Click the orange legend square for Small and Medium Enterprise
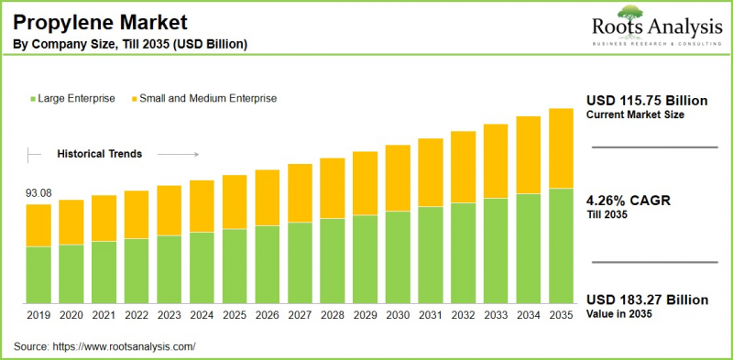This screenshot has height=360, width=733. pyautogui.click(x=133, y=98)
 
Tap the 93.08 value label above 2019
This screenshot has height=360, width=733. pyautogui.click(x=38, y=192)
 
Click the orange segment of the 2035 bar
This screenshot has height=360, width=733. pyautogui.click(x=561, y=148)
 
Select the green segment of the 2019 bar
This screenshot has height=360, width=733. pyautogui.click(x=38, y=275)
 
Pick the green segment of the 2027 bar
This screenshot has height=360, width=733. pyautogui.click(x=300, y=263)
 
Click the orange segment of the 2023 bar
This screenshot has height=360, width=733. pyautogui.click(x=169, y=211)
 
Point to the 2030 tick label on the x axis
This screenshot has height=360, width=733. pyautogui.click(x=398, y=315)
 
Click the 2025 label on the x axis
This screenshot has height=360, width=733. pyautogui.click(x=235, y=315)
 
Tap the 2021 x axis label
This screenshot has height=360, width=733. pyautogui.click(x=104, y=315)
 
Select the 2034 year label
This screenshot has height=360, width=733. pyautogui.click(x=529, y=315)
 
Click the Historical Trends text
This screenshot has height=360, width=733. pyautogui.click(x=99, y=154)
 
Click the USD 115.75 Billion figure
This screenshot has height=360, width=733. pyautogui.click(x=647, y=100)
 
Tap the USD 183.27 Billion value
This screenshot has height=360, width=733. pyautogui.click(x=647, y=300)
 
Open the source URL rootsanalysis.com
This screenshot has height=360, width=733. pyautogui.click(x=126, y=346)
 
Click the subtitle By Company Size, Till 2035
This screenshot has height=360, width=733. pyautogui.click(x=129, y=44)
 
